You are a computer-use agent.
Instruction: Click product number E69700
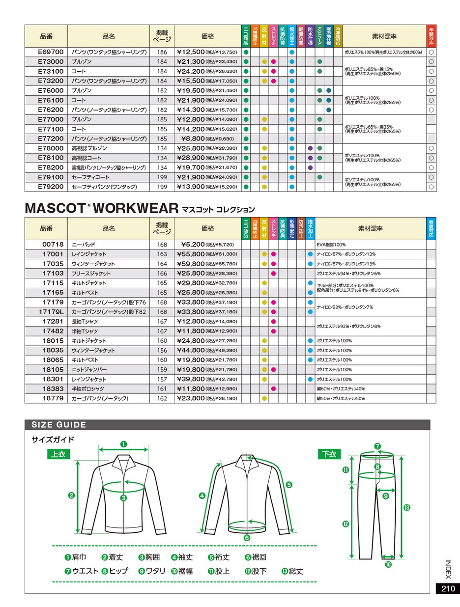pyautogui.click(x=51, y=52)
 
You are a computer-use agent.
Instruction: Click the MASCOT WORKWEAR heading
pyautogui.click(x=101, y=207)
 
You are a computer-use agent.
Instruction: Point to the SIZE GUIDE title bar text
pyautogui.click(x=59, y=425)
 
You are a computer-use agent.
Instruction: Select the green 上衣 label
pyautogui.click(x=58, y=454)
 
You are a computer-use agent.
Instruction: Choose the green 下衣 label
pyautogui.click(x=329, y=454)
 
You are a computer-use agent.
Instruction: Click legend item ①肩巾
pyautogui.click(x=75, y=557)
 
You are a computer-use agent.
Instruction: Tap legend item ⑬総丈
pyautogui.click(x=292, y=571)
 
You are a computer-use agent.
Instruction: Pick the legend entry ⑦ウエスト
pyautogui.click(x=82, y=571)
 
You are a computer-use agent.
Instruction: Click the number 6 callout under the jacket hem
pyautogui.click(x=247, y=538)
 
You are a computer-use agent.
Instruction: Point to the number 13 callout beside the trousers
pyautogui.click(x=406, y=507)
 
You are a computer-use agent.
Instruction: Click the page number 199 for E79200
pyautogui.click(x=162, y=187)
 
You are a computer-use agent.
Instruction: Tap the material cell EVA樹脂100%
pyautogui.click(x=332, y=244)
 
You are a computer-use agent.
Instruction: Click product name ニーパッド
pyautogui.click(x=84, y=244)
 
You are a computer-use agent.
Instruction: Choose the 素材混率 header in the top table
pyautogui.click(x=384, y=36)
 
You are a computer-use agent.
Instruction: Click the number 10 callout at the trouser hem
pyautogui.click(x=388, y=565)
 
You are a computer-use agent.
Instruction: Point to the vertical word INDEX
pyautogui.click(x=448, y=569)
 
